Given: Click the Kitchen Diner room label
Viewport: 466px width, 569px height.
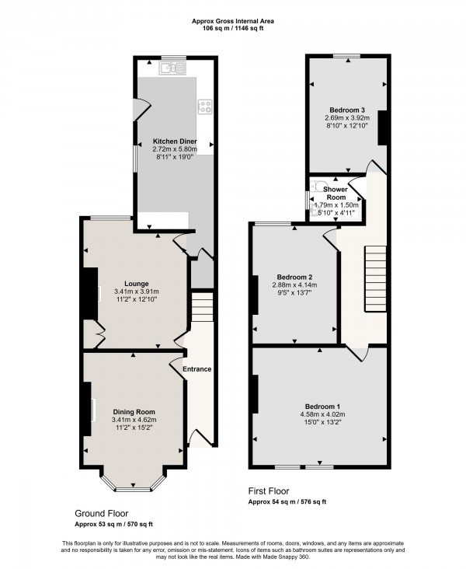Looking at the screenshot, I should pos(175,141).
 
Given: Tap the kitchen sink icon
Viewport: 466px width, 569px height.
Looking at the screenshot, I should pos(169,69).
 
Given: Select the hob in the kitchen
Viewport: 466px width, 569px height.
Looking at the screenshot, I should pos(206,106).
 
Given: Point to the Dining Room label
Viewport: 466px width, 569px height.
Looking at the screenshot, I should pos(134,412).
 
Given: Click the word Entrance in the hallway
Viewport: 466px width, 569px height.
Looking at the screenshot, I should pos(197,368).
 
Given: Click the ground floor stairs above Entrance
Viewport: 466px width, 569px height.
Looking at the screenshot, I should pos(201,305).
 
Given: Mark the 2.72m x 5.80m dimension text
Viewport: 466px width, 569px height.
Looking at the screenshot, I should pos(175,149).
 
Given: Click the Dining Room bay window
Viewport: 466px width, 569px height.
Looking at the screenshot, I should pos(134,483).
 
